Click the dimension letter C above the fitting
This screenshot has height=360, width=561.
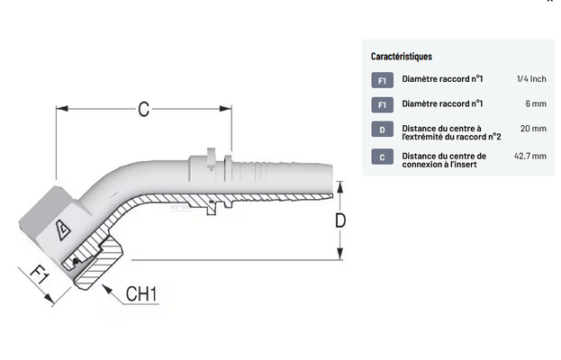pyautogui.click(x=143, y=110)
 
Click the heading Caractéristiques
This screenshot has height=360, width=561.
pyautogui.click(x=401, y=57)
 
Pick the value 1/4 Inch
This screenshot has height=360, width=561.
pyautogui.click(x=532, y=81)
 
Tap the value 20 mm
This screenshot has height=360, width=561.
pyautogui.click(x=534, y=130)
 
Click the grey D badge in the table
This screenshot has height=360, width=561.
pyautogui.click(x=382, y=130)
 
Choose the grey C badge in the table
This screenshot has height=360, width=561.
pyautogui.click(x=382, y=157)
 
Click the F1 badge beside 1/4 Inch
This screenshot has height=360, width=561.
pyautogui.click(x=382, y=82)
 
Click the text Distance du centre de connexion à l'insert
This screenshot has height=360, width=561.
pyautogui.click(x=444, y=160)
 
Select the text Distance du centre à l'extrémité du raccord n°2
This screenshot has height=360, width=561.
pyautogui.click(x=450, y=133)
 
